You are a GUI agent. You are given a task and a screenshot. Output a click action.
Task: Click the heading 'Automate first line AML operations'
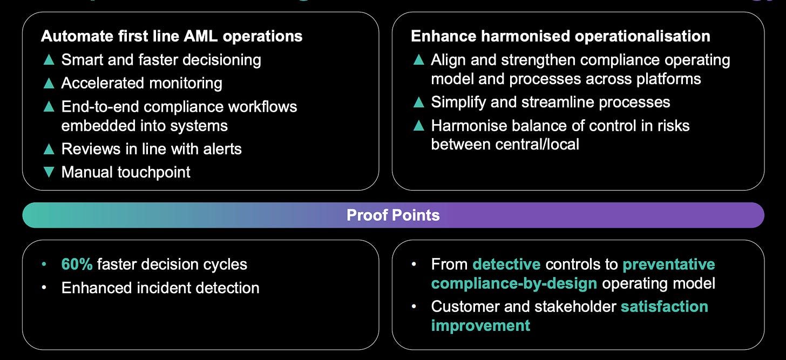click(172, 36)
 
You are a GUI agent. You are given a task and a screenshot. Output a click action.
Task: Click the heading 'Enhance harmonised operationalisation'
click(560, 36)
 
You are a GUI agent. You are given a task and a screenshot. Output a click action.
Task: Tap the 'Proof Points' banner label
click(393, 215)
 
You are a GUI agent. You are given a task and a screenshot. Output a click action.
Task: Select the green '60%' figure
click(77, 264)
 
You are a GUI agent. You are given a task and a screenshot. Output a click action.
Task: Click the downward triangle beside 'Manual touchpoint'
click(49, 172)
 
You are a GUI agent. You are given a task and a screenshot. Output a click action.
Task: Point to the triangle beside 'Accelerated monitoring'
click(49, 83)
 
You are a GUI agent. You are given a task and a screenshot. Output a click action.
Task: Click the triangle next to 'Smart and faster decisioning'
click(49, 59)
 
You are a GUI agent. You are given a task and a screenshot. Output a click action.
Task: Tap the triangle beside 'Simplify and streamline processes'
click(418, 102)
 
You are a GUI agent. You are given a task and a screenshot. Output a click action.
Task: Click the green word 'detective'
click(506, 264)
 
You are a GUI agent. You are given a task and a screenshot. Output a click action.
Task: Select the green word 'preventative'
click(669, 264)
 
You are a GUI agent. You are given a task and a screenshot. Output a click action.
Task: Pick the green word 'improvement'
click(480, 325)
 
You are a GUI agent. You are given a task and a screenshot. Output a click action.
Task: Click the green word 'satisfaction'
click(664, 307)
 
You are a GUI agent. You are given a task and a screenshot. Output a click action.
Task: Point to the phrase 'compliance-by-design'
click(514, 283)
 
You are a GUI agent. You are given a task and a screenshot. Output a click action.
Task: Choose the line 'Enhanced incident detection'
click(160, 288)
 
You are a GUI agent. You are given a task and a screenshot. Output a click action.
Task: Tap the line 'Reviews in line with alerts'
click(152, 148)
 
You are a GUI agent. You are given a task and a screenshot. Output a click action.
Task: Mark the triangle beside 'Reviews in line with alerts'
click(49, 148)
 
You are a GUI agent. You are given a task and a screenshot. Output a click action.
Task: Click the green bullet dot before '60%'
click(44, 265)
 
